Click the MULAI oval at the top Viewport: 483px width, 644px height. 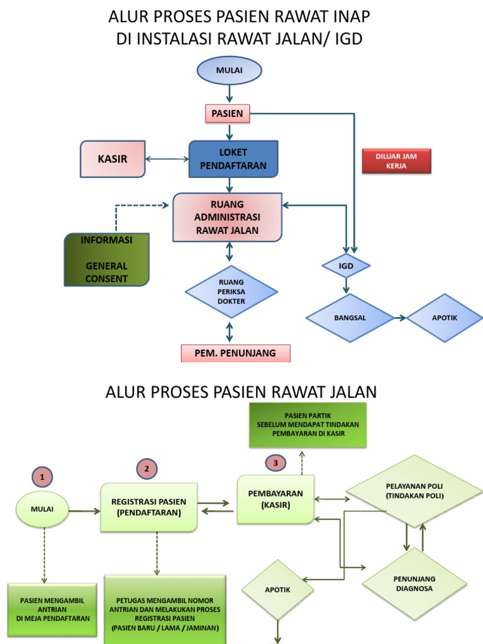[229, 70]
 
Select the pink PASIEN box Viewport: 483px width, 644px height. [227, 114]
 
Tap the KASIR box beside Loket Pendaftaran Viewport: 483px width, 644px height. [113, 159]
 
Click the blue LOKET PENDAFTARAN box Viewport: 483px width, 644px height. [233, 159]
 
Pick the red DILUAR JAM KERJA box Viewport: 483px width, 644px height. [396, 161]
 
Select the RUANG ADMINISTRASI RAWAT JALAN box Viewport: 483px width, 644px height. [227, 217]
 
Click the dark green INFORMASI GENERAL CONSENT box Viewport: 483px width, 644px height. [107, 259]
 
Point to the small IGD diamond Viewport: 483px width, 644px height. [346, 266]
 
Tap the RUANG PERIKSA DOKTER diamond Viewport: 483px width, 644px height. [231, 291]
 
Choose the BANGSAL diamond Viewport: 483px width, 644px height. [350, 318]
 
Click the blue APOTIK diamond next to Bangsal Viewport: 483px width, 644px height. [444, 318]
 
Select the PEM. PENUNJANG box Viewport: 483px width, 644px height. [235, 353]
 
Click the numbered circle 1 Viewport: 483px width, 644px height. [42, 477]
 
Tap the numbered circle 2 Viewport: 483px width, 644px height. [147, 469]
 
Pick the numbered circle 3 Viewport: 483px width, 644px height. [275, 462]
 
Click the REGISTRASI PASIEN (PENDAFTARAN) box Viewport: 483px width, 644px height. [148, 508]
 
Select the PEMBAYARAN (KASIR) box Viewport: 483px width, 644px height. [275, 499]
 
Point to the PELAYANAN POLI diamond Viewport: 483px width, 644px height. [414, 491]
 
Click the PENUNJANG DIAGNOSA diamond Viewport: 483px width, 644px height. [414, 584]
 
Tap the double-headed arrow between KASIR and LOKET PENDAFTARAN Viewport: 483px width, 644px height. [167, 159]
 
